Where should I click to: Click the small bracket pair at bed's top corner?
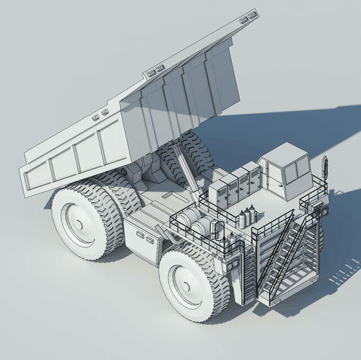click(x=249, y=14)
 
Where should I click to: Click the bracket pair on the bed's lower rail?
click(x=99, y=113)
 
